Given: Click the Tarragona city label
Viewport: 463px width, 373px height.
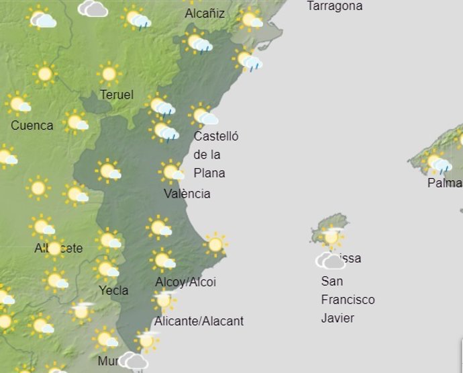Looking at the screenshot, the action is (334, 6).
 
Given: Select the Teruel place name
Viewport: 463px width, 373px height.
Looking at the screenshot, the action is (117, 95).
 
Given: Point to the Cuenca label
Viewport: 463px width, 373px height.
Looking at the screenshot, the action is (32, 126).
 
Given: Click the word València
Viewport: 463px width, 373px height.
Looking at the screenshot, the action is (187, 194).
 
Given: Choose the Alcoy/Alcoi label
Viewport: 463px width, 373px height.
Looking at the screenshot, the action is (185, 282).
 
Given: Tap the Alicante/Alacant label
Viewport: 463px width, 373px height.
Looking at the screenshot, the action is (199, 321).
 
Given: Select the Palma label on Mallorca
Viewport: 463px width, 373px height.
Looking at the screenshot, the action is (445, 183).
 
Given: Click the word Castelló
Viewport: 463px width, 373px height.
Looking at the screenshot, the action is (216, 136).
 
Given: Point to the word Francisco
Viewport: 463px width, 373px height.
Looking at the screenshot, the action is (348, 300).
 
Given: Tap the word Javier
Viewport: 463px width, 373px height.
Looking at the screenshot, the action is (338, 318).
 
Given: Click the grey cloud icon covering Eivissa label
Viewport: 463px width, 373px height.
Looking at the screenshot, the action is (330, 260).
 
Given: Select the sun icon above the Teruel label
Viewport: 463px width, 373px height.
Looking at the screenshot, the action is (109, 73).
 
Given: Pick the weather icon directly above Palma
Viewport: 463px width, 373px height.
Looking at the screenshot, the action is (438, 162).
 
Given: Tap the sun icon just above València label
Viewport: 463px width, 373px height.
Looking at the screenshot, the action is (172, 171).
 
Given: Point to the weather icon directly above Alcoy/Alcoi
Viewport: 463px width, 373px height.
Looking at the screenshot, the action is (163, 259).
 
